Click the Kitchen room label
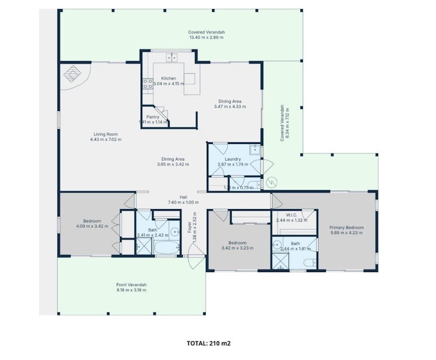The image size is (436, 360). click(168, 78)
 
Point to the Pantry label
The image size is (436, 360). click(153, 117)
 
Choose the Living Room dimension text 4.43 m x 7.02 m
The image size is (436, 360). click(106, 140)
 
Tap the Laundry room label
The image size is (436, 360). click(233, 159)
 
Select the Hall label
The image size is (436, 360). click(183, 197)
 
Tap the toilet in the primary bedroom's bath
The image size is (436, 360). click(308, 261)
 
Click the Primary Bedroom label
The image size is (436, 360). click(346, 228)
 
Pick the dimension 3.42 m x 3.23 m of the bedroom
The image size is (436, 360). click(237, 247)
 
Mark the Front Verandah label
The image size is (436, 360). click(131, 284)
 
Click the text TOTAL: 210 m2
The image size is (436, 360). click(208, 343)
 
